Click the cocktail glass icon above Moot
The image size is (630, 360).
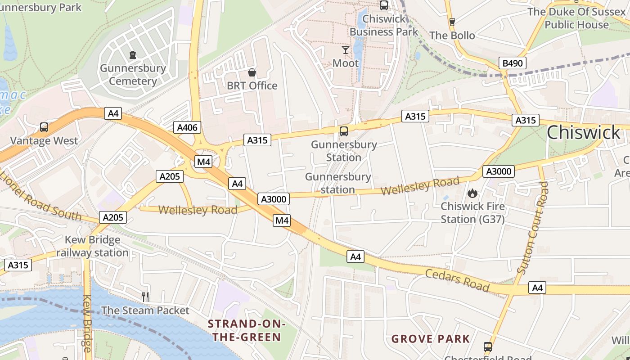[346, 49]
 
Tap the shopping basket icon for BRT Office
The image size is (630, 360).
[252, 72]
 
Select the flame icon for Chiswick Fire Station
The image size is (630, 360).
[472, 193]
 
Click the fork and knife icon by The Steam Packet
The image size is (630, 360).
[145, 297]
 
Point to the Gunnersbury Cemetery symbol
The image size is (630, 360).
[133, 55]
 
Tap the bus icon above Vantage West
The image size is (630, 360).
[44, 127]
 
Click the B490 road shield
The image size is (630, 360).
[513, 63]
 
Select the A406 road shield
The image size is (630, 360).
[187, 127]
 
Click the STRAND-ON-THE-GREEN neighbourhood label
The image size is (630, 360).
[246, 330]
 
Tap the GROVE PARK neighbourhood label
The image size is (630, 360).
[431, 339]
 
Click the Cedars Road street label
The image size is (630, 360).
[457, 280]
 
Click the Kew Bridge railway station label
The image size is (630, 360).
[92, 246]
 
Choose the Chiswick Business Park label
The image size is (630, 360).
[384, 25]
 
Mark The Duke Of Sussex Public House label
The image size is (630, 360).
[576, 18]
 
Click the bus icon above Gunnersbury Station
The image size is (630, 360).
[344, 131]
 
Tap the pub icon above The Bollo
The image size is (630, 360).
[452, 22]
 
